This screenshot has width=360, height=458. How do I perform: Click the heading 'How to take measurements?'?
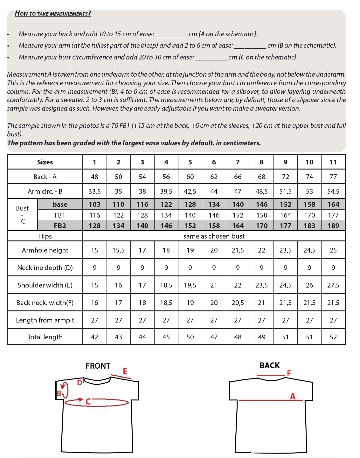coord(53,13)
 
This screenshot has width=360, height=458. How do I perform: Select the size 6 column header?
coord(214,162)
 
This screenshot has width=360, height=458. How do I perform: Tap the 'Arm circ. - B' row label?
coord(45,191)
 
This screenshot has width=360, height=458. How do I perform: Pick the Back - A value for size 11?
coord(333,177)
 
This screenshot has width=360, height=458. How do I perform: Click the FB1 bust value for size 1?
coord(94,215)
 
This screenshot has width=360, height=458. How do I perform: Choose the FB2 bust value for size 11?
coord(333,226)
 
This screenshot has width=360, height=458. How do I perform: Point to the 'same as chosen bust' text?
coord(214,236)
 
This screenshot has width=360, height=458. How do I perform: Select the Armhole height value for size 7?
coord(238,250)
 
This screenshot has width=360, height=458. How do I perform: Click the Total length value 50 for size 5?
coord(190,337)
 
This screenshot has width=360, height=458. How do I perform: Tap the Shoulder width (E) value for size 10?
coord(309,285)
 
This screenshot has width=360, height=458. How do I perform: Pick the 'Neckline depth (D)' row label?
coord(45,268)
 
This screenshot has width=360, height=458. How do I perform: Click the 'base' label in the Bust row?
coord(60,205)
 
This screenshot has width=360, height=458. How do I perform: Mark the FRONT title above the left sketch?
coord(98,366)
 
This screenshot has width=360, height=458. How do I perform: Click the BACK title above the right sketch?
coord(269,365)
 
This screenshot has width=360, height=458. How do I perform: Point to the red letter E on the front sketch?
coord(125,371)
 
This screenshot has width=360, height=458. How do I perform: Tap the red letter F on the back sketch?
coord(289,373)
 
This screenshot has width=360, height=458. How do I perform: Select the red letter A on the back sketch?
coord(293,396)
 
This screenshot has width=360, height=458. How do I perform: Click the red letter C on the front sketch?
coord(88,402)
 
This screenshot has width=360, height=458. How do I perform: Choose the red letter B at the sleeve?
coord(59,393)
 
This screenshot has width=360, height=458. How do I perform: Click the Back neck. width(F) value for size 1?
coord(94,303)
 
